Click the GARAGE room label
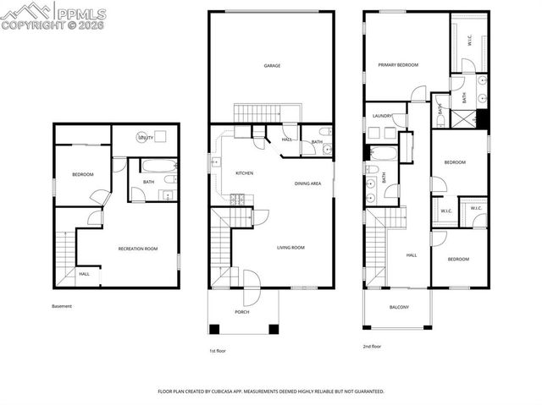pos(271,65)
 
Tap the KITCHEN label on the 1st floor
pos(245,172)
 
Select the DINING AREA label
pos(307,183)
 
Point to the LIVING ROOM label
pos(290,248)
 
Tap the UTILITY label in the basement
pos(147,137)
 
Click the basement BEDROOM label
pos(82,174)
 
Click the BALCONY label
pos(400,307)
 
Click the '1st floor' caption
pos(218,350)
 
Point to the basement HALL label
pos(84,273)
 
